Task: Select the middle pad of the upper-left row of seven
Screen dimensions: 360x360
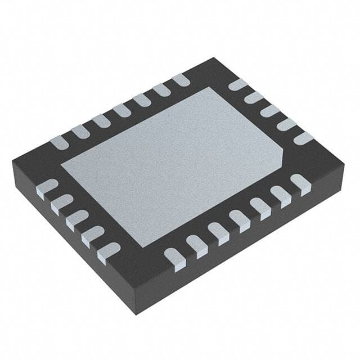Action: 121,110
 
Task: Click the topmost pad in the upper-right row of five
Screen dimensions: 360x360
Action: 238,85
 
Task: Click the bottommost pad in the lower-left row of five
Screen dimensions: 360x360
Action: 109,251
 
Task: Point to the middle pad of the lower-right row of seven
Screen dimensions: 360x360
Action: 239,218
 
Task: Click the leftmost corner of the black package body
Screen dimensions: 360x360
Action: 12,160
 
